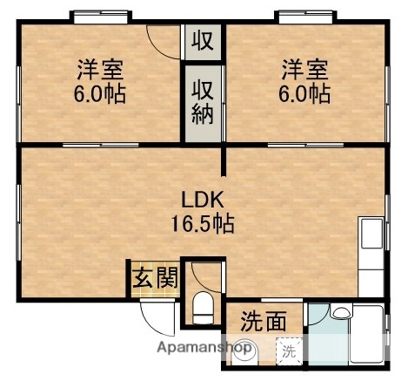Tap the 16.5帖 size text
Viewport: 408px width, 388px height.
201,222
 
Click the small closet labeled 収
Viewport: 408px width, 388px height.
202,40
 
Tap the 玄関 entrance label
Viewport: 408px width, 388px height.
155,278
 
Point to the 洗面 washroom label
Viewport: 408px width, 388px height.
263,321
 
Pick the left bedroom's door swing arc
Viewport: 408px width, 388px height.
162,40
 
